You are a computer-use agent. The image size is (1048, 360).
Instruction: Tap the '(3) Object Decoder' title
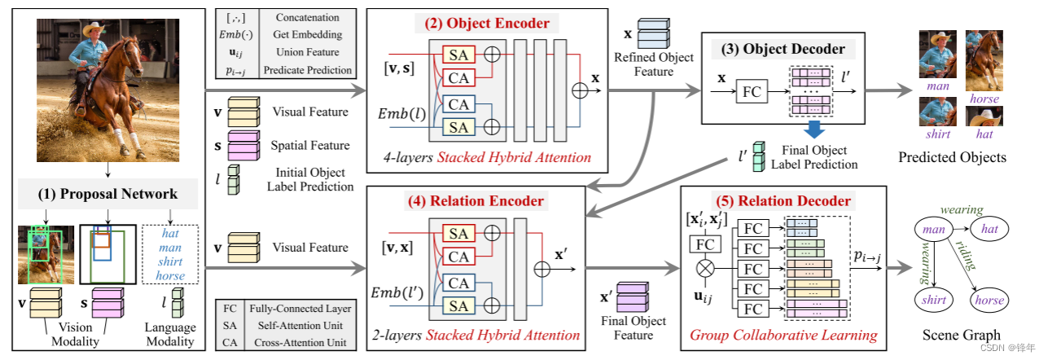coord(782,48)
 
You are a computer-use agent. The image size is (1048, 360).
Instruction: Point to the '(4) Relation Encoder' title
coord(487,201)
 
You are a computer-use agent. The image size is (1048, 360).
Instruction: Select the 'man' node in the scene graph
coord(934,230)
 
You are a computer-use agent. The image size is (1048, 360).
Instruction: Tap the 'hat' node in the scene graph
coord(989,230)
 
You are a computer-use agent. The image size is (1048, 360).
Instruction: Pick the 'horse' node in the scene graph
coord(989,300)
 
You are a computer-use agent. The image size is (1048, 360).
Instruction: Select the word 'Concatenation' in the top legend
coord(309,17)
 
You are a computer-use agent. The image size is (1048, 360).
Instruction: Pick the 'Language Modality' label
coord(170,334)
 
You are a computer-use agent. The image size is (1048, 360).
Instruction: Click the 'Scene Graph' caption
coord(961,335)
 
